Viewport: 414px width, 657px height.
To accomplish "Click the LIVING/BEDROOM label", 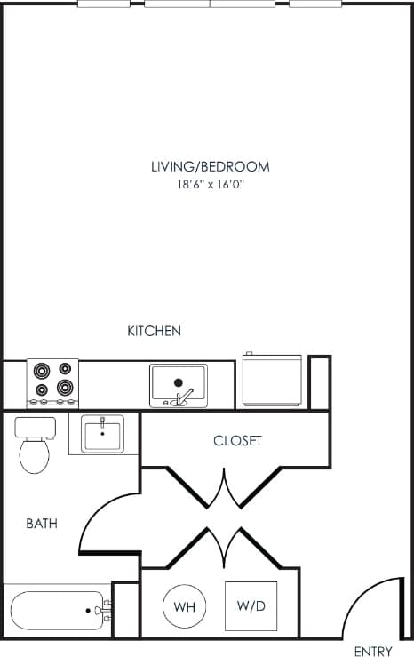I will click(x=210, y=166).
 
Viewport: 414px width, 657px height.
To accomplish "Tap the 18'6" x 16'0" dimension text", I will click(x=210, y=185).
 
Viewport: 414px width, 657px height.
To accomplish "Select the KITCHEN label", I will click(x=155, y=331).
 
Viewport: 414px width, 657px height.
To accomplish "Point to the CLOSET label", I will click(x=237, y=441).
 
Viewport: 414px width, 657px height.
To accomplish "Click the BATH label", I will click(x=42, y=524).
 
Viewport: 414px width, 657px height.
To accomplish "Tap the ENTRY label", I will click(x=372, y=651).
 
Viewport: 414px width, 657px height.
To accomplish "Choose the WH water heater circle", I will click(x=184, y=606).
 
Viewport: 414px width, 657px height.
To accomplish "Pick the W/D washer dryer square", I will click(x=250, y=606).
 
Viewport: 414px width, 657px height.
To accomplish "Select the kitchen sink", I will click(x=178, y=384).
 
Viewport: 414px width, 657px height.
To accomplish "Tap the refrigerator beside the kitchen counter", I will click(x=272, y=381).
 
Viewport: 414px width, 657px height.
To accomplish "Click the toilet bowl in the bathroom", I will click(x=35, y=455).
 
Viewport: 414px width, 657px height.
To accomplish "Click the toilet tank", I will click(x=36, y=427).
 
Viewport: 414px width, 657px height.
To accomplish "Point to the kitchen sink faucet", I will click(x=180, y=397).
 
